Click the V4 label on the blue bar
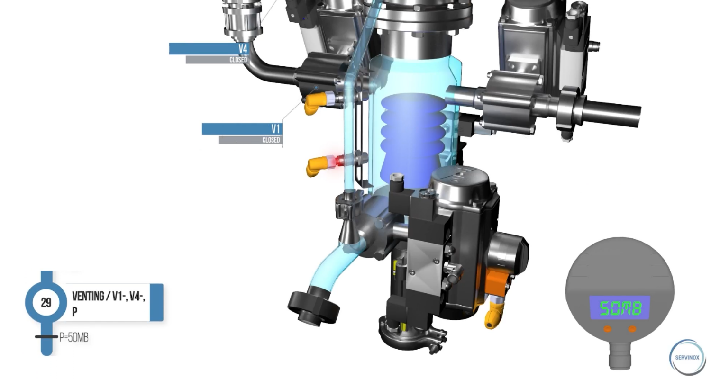243,49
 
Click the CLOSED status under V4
238,60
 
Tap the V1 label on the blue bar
275,129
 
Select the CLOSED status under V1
271,140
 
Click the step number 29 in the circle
46,303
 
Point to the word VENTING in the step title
88,296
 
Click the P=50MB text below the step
74,337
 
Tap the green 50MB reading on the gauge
620,308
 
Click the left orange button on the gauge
608,329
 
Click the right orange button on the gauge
632,329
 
